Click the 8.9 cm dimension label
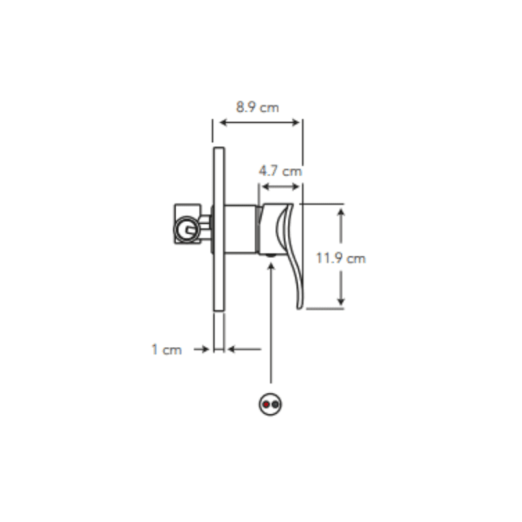(x=257, y=108)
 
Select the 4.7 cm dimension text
(x=281, y=171)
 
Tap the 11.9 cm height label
(x=341, y=258)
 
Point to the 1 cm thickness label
(x=167, y=350)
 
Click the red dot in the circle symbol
(x=266, y=405)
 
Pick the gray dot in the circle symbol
(x=275, y=405)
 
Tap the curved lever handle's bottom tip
(x=299, y=308)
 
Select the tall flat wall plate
(x=219, y=229)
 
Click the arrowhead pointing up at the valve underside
(x=271, y=266)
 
